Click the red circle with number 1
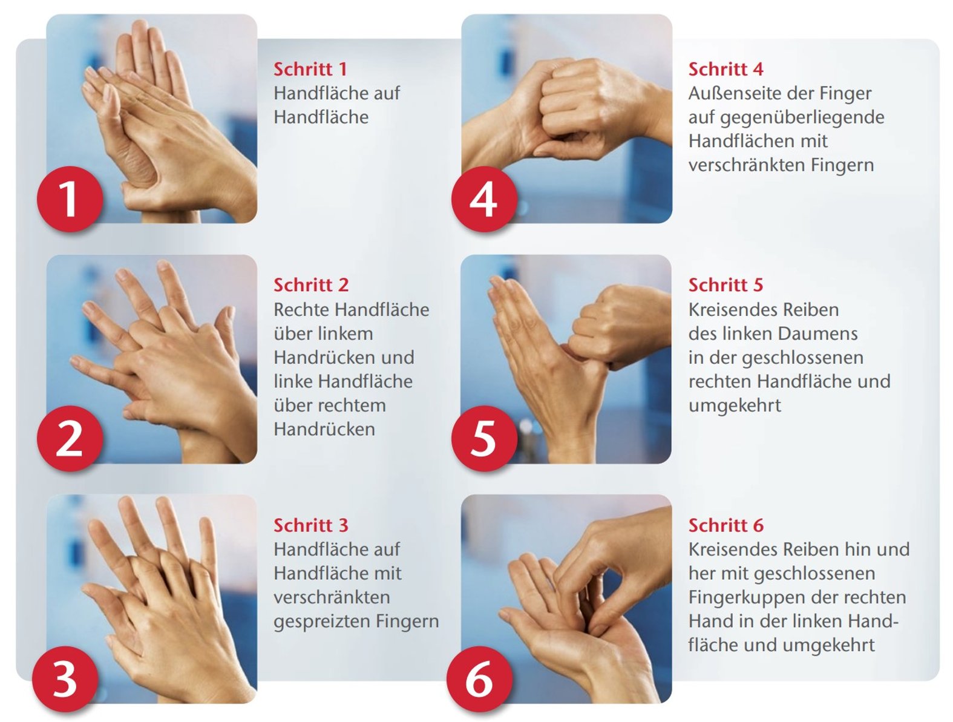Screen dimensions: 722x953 70,199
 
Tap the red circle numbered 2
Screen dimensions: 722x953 70,439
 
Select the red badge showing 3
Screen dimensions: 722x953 65,679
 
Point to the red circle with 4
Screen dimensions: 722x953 484,199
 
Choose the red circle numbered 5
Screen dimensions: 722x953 484,439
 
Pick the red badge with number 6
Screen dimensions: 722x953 480,679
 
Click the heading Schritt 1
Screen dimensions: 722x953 310,69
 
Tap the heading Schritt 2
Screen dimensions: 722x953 311,284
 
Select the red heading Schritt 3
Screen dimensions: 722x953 311,525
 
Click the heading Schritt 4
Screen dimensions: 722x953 725,69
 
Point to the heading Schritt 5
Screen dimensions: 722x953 725,284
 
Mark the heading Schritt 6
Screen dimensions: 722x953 725,525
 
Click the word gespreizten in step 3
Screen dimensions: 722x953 322,622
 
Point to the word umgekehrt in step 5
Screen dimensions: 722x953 734,405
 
